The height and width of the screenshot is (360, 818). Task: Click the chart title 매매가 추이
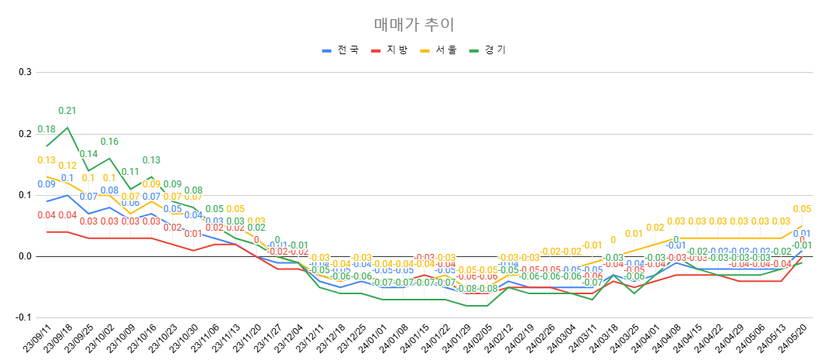tap(408, 24)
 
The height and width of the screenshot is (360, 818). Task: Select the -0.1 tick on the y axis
tap(22, 317)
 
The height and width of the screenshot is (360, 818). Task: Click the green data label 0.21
tap(67, 111)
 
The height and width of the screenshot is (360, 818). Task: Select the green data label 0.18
tap(46, 129)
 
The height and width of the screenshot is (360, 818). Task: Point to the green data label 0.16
tap(109, 142)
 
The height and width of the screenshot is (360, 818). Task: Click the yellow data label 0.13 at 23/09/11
tap(46, 160)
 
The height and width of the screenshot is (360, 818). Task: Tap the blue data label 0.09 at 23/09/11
tap(46, 184)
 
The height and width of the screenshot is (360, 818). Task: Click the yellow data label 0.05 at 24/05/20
tap(802, 209)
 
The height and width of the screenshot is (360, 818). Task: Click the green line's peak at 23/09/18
tap(67, 128)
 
